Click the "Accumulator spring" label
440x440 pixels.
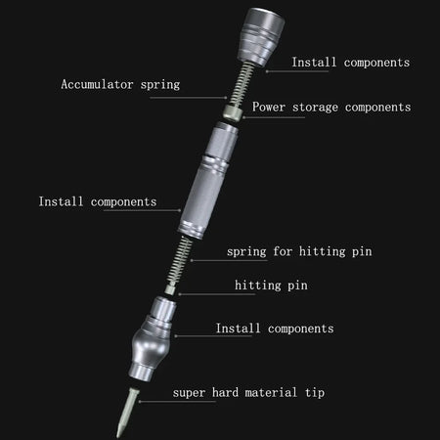121,85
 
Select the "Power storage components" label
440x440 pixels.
331,108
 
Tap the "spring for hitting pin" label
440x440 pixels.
299,251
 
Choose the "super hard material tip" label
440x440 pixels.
248,392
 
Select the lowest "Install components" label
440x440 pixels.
275,329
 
